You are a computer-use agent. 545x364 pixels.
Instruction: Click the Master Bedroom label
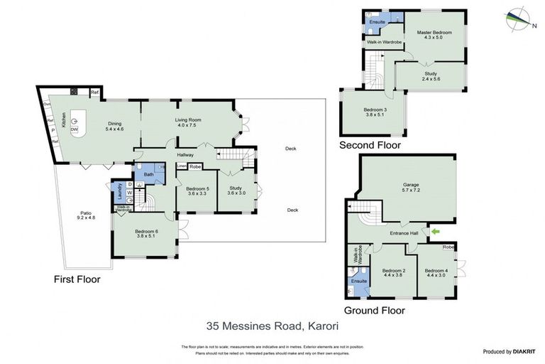pos(434,35)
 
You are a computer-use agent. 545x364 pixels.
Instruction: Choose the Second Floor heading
pos(369,145)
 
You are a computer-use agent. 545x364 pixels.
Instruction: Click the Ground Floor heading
pos(374,311)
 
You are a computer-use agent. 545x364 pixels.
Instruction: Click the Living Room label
pos(189,123)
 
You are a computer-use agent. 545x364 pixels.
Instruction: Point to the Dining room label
pos(115,126)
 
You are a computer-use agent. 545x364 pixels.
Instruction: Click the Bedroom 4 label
pos(436,273)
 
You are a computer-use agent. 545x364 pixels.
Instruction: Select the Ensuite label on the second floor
pos(377,22)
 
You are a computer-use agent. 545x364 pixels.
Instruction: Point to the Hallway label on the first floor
pos(186,154)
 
